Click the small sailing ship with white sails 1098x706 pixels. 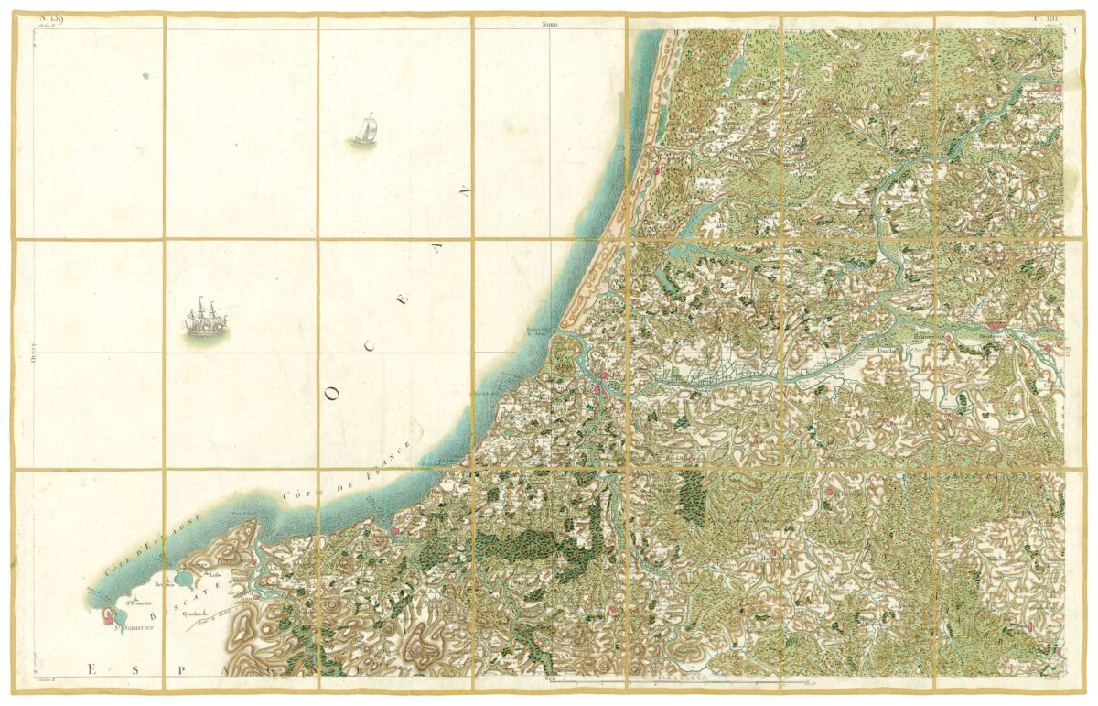[365, 130]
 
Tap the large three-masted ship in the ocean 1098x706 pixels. [205, 320]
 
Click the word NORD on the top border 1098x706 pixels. [549, 25]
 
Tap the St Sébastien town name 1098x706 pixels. [134, 629]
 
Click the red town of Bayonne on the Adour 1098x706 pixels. [601, 375]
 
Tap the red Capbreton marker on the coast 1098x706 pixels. [655, 169]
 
